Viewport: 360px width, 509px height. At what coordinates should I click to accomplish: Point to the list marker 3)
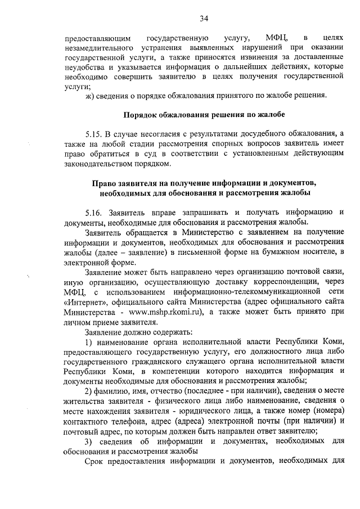click(89, 440)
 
